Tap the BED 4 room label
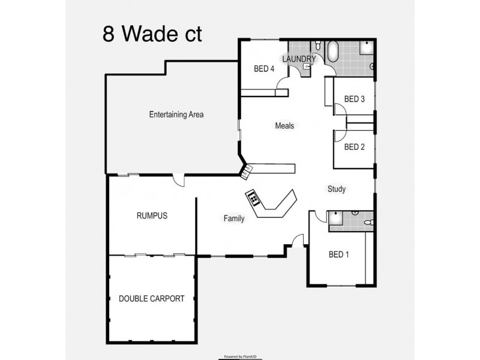point(264,69)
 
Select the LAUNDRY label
point(299,59)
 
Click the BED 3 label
point(354,99)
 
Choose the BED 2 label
point(354,147)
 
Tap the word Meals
point(284,126)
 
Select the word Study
point(336,190)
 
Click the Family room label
point(234,218)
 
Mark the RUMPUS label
point(151,216)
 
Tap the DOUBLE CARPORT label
point(151,299)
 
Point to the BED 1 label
point(339,255)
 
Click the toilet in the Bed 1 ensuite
point(368,223)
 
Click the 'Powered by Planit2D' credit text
point(241,356)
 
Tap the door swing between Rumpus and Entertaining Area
point(178,180)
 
